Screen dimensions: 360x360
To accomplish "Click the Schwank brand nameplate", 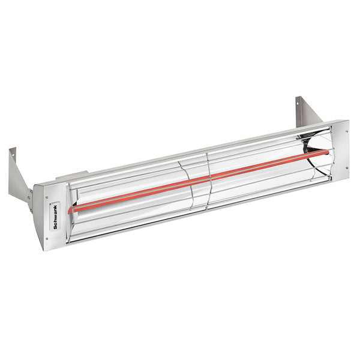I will coord(53,209).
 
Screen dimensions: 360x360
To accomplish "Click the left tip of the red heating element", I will coord(71,211).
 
